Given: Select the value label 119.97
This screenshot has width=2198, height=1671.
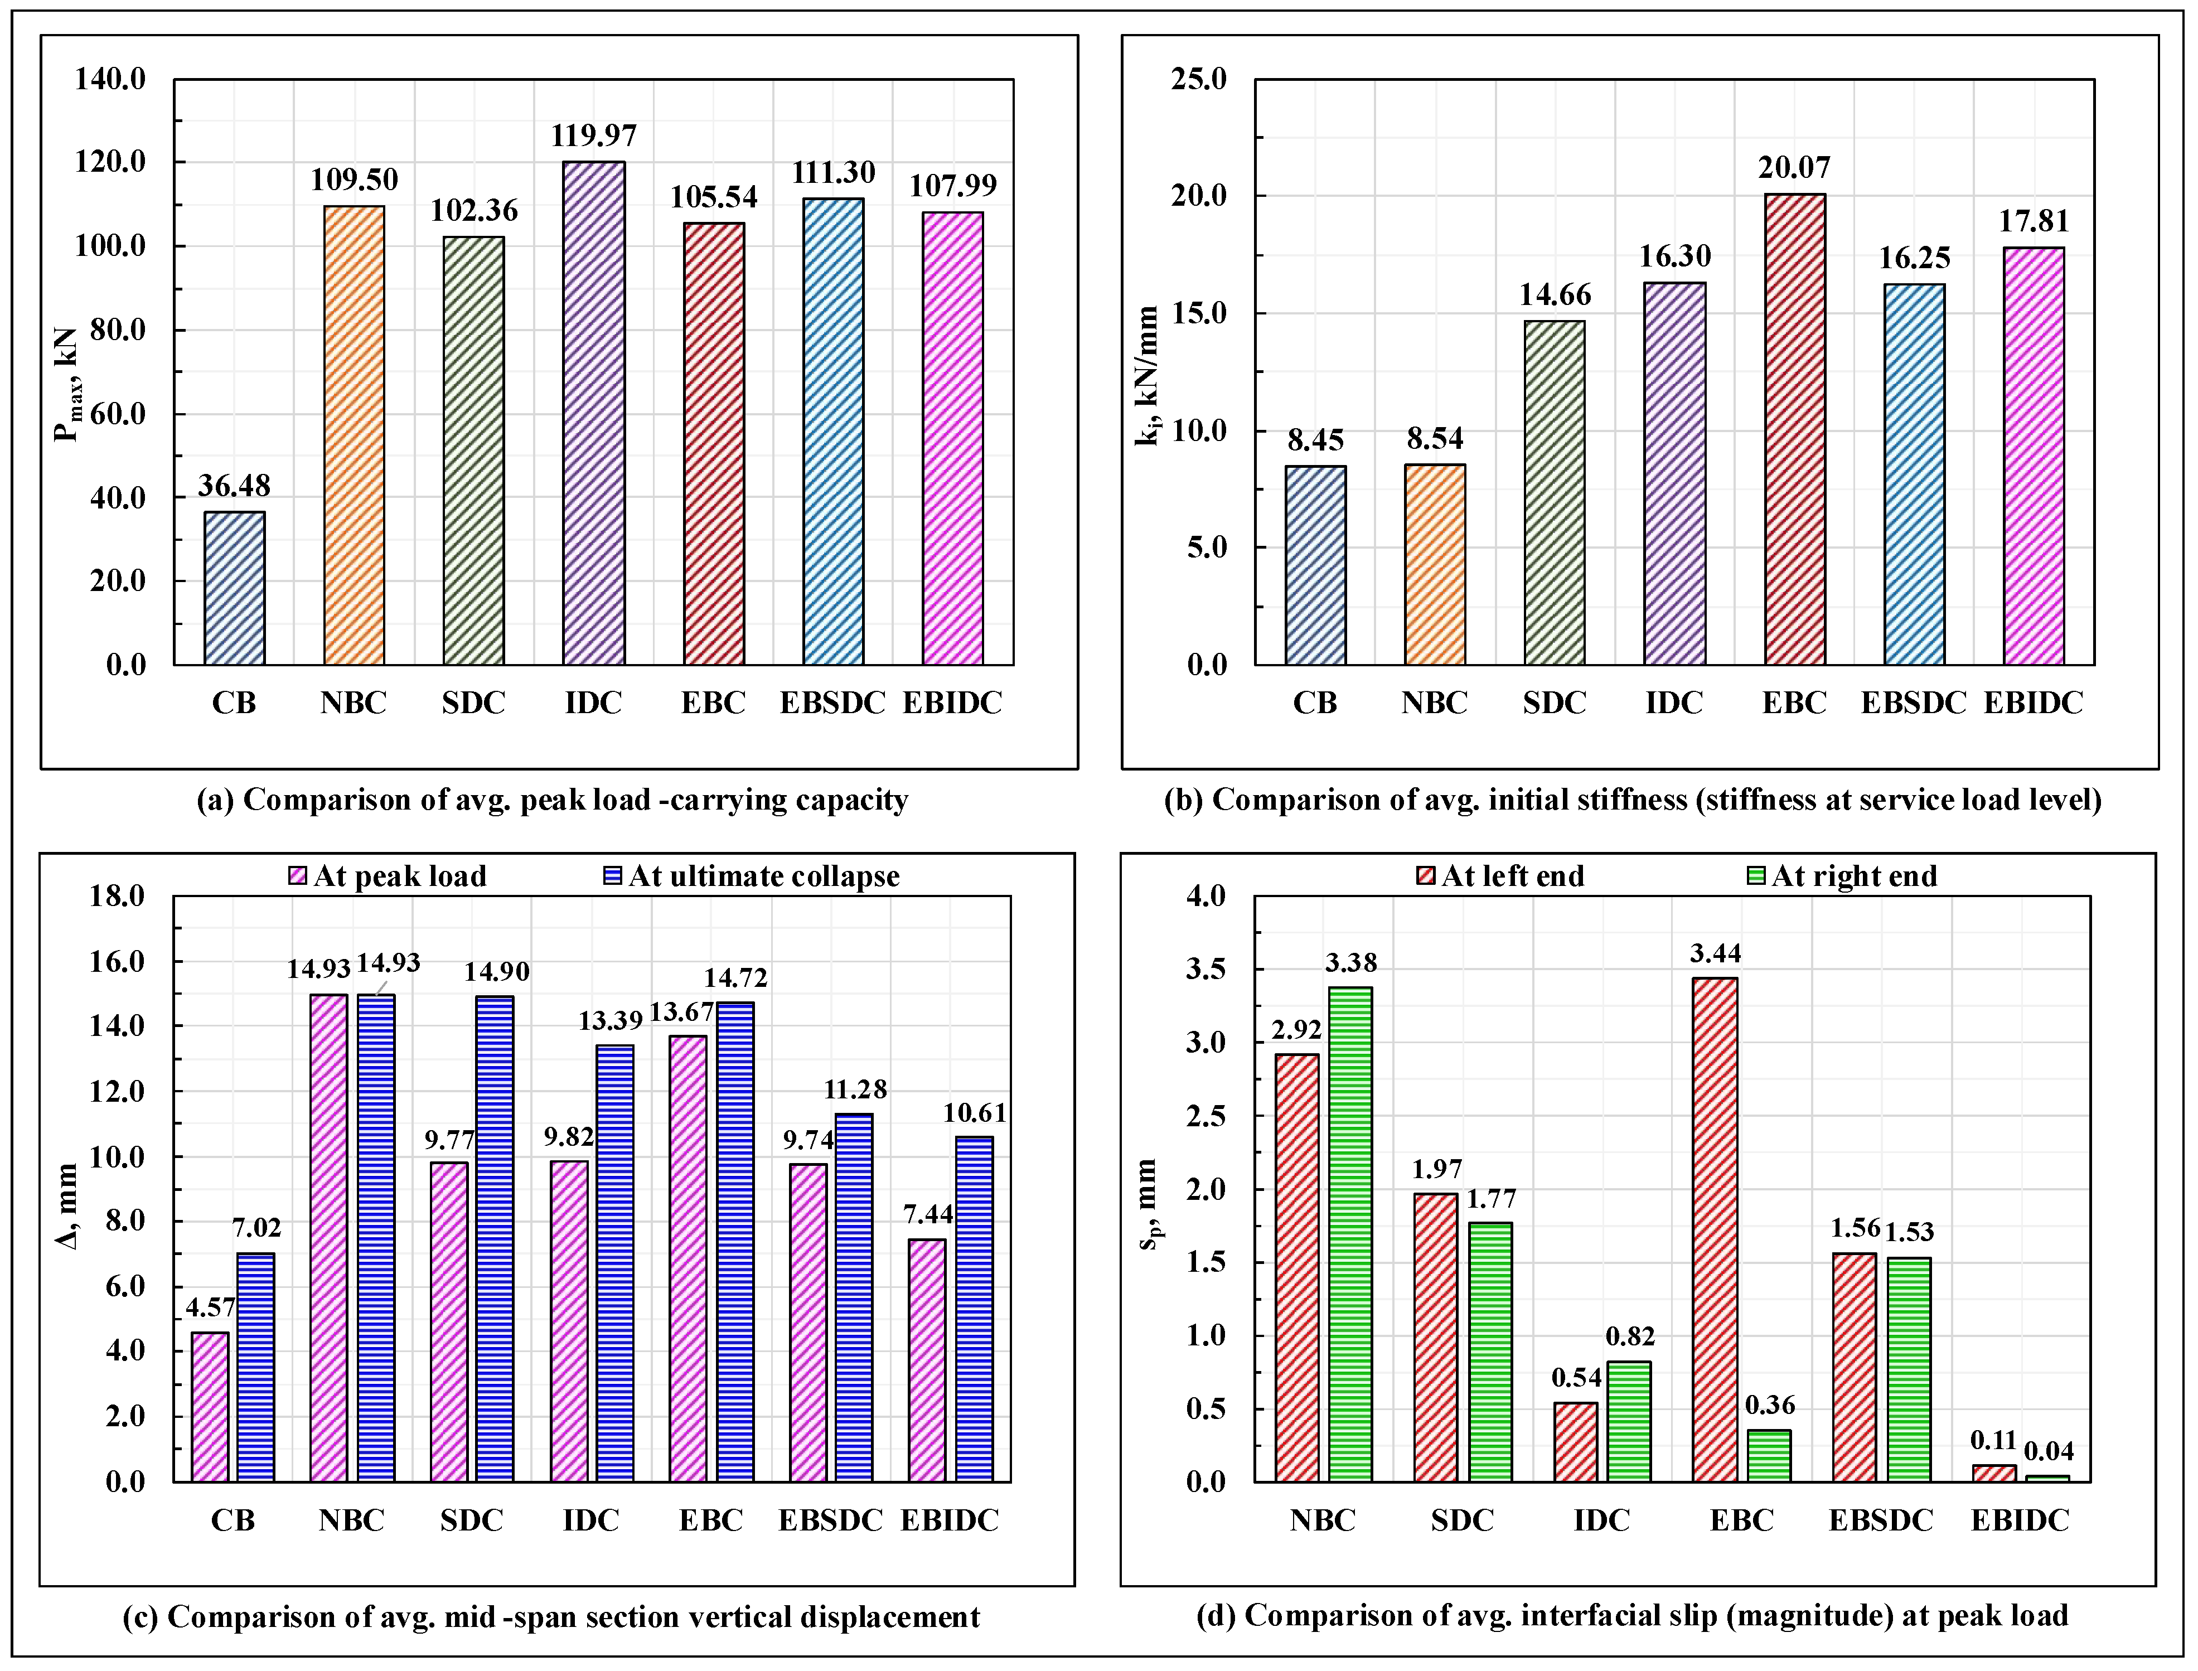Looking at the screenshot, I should click(x=594, y=135).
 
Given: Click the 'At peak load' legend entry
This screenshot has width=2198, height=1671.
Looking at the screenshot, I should click(x=388, y=876).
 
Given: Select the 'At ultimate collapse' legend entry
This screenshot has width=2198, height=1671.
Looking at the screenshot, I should click(x=752, y=876).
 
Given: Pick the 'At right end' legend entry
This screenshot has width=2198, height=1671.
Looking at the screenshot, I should click(x=1842, y=876).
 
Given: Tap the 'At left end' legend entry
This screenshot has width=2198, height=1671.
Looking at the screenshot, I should click(x=1501, y=876).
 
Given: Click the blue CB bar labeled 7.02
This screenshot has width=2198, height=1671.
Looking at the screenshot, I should click(x=255, y=1368).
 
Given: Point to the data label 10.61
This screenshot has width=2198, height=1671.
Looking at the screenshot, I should click(x=975, y=1113).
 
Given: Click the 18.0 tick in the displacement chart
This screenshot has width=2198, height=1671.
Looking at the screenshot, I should click(x=117, y=896).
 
